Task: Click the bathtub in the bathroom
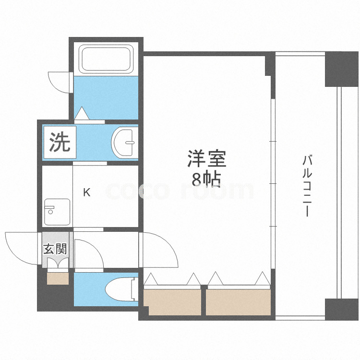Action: pos(106,59)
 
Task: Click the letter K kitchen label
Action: pos(86,193)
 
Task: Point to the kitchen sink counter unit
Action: pos(56,212)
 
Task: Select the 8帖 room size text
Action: pos(206,179)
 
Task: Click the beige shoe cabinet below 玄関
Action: pos(58,278)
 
